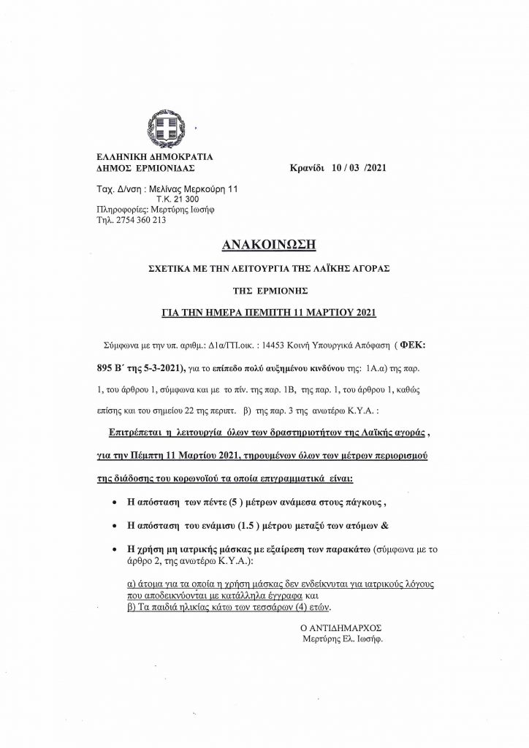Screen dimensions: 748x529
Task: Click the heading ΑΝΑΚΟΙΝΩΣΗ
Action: pos(264,243)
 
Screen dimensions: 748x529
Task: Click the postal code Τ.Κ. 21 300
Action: pos(171,199)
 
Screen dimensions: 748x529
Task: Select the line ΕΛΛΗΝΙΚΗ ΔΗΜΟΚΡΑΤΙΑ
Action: pos(150,157)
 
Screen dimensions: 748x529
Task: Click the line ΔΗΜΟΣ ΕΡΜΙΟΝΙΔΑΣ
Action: pos(143,167)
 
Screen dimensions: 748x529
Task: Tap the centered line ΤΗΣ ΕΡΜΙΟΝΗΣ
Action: pos(264,289)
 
